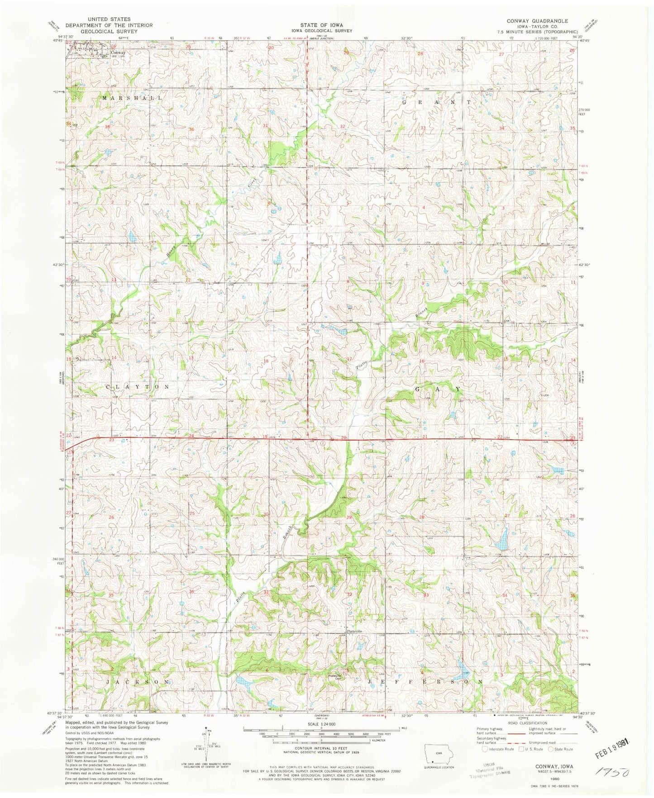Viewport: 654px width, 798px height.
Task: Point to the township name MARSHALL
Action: click(131, 98)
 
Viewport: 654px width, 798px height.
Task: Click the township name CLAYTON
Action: click(138, 387)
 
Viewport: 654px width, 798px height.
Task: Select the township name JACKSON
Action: click(138, 681)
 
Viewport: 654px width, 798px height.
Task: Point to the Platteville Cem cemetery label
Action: click(337, 677)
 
